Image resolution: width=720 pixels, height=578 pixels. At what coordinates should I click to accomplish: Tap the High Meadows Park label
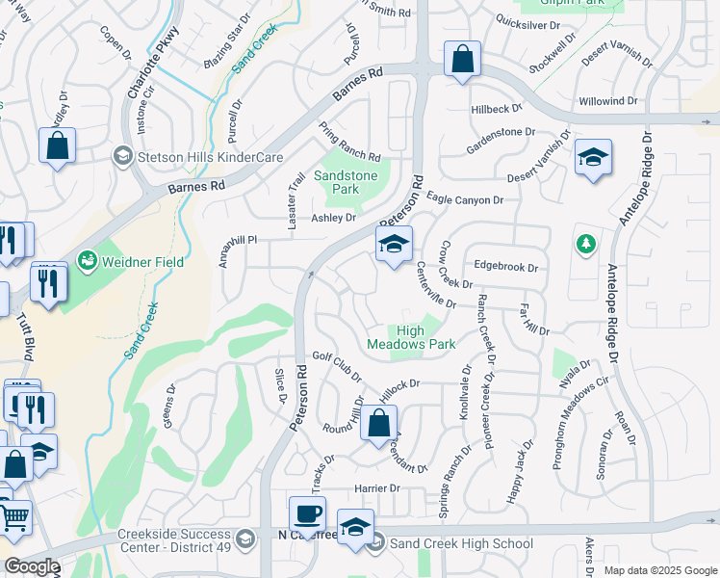[411, 337]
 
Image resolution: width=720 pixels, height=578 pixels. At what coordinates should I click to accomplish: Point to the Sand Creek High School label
[460, 543]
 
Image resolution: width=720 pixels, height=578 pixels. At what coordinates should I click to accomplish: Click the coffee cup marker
[307, 514]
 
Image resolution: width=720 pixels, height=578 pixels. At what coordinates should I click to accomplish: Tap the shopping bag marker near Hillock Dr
[379, 423]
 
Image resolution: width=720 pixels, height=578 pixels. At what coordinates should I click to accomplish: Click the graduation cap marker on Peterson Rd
[394, 246]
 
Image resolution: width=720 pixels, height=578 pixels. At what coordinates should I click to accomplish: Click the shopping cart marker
[13, 518]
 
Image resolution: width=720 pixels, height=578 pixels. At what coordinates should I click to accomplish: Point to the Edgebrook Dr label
[504, 267]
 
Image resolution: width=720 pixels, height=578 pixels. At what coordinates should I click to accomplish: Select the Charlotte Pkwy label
[145, 71]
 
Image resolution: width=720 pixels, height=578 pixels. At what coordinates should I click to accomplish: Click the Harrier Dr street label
[376, 488]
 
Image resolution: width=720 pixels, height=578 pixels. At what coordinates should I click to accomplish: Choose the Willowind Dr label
[607, 101]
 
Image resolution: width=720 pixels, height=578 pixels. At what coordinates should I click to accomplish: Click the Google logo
[32, 566]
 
